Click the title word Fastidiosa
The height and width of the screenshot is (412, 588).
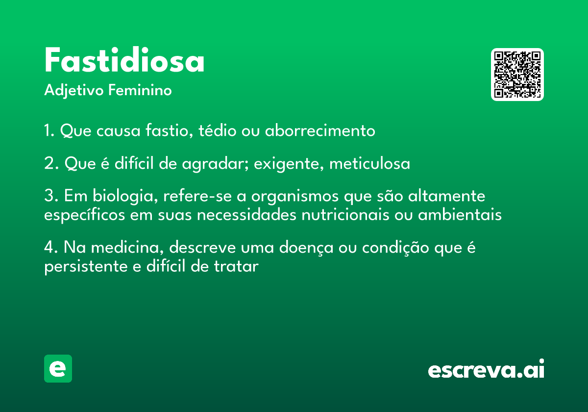click(124, 60)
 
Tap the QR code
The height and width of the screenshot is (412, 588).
click(517, 75)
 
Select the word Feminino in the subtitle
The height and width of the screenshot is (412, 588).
click(140, 90)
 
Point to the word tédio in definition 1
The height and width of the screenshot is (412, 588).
click(218, 130)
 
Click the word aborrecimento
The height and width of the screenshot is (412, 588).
click(320, 130)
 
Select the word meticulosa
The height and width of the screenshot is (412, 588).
click(369, 163)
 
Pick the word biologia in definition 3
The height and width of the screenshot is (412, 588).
click(125, 197)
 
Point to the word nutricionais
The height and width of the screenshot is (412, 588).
click(345, 215)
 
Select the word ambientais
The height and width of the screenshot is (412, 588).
click(460, 214)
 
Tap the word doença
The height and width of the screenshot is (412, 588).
click(306, 248)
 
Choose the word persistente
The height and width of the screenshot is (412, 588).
click(86, 267)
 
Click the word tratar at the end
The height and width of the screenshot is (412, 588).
click(236, 266)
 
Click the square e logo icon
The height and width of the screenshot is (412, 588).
click(58, 368)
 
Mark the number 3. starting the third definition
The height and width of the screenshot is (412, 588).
click(51, 196)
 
